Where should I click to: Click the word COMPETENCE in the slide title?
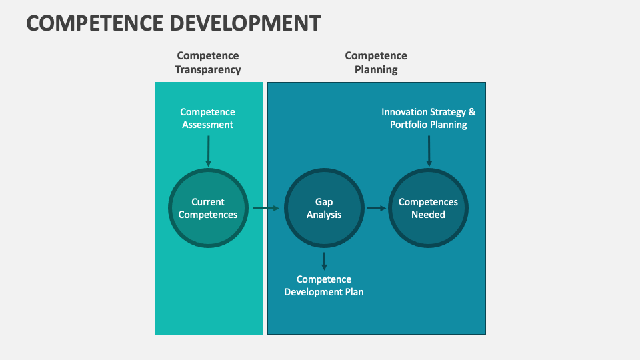click(93, 23)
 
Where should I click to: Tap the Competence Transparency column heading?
click(208, 63)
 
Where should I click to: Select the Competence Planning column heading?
click(376, 63)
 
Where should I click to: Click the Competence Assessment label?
click(208, 118)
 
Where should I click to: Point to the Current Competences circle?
click(208, 208)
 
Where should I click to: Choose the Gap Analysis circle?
click(324, 208)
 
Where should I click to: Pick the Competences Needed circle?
click(428, 208)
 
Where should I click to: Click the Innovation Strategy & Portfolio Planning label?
click(429, 118)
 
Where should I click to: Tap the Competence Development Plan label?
click(324, 285)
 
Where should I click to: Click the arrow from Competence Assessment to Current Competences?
click(208, 151)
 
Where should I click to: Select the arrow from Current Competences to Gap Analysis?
click(266, 208)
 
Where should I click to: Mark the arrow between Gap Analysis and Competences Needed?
click(376, 208)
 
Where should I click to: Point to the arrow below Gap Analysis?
click(324, 260)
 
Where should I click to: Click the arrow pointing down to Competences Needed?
click(429, 151)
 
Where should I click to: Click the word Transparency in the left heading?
click(208, 69)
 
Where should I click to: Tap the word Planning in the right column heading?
click(376, 69)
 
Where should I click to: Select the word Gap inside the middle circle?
click(324, 202)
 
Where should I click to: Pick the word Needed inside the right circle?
click(428, 215)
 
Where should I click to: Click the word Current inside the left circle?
click(208, 202)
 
